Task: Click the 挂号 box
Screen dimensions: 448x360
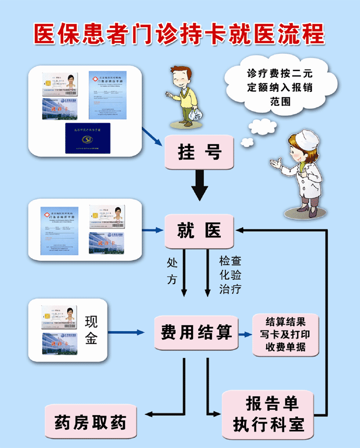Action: pos(199,152)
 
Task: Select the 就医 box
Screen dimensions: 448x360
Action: pos(199,231)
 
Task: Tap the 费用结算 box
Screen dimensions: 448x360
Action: pos(196,332)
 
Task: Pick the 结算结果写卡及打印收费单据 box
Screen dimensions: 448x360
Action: pos(285,335)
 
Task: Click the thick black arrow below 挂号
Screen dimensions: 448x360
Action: pos(200,186)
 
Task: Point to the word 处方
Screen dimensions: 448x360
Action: pos(172,270)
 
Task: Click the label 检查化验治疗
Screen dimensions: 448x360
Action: pos(230,274)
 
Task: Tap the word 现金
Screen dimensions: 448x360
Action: pos(91,331)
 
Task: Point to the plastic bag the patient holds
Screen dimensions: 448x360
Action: pos(196,114)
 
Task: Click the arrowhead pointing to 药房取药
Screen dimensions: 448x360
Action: pos(149,415)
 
